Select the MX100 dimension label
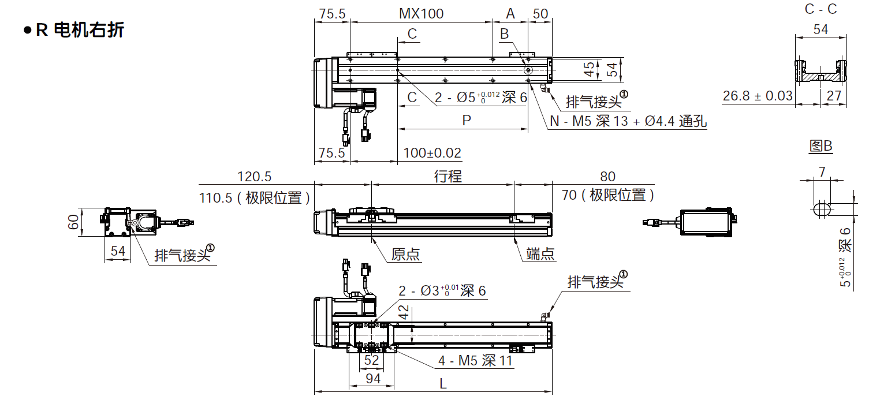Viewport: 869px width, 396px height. click(x=422, y=13)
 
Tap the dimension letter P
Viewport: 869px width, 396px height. click(x=467, y=120)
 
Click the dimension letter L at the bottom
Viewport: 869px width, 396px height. click(x=443, y=383)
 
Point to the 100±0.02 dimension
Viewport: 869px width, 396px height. click(x=432, y=153)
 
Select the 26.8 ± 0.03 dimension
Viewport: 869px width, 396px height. click(x=758, y=96)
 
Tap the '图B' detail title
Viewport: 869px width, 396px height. click(x=820, y=146)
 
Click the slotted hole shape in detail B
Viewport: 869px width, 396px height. click(x=823, y=209)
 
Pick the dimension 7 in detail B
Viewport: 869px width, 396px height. click(x=822, y=171)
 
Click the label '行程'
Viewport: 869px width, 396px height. click(x=448, y=176)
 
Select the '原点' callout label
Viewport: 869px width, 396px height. click(x=405, y=254)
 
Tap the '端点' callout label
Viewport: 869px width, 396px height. click(x=540, y=254)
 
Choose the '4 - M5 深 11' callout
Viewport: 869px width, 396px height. click(x=475, y=361)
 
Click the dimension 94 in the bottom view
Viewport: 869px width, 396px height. click(x=373, y=378)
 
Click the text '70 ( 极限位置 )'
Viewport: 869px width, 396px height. click(x=608, y=196)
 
